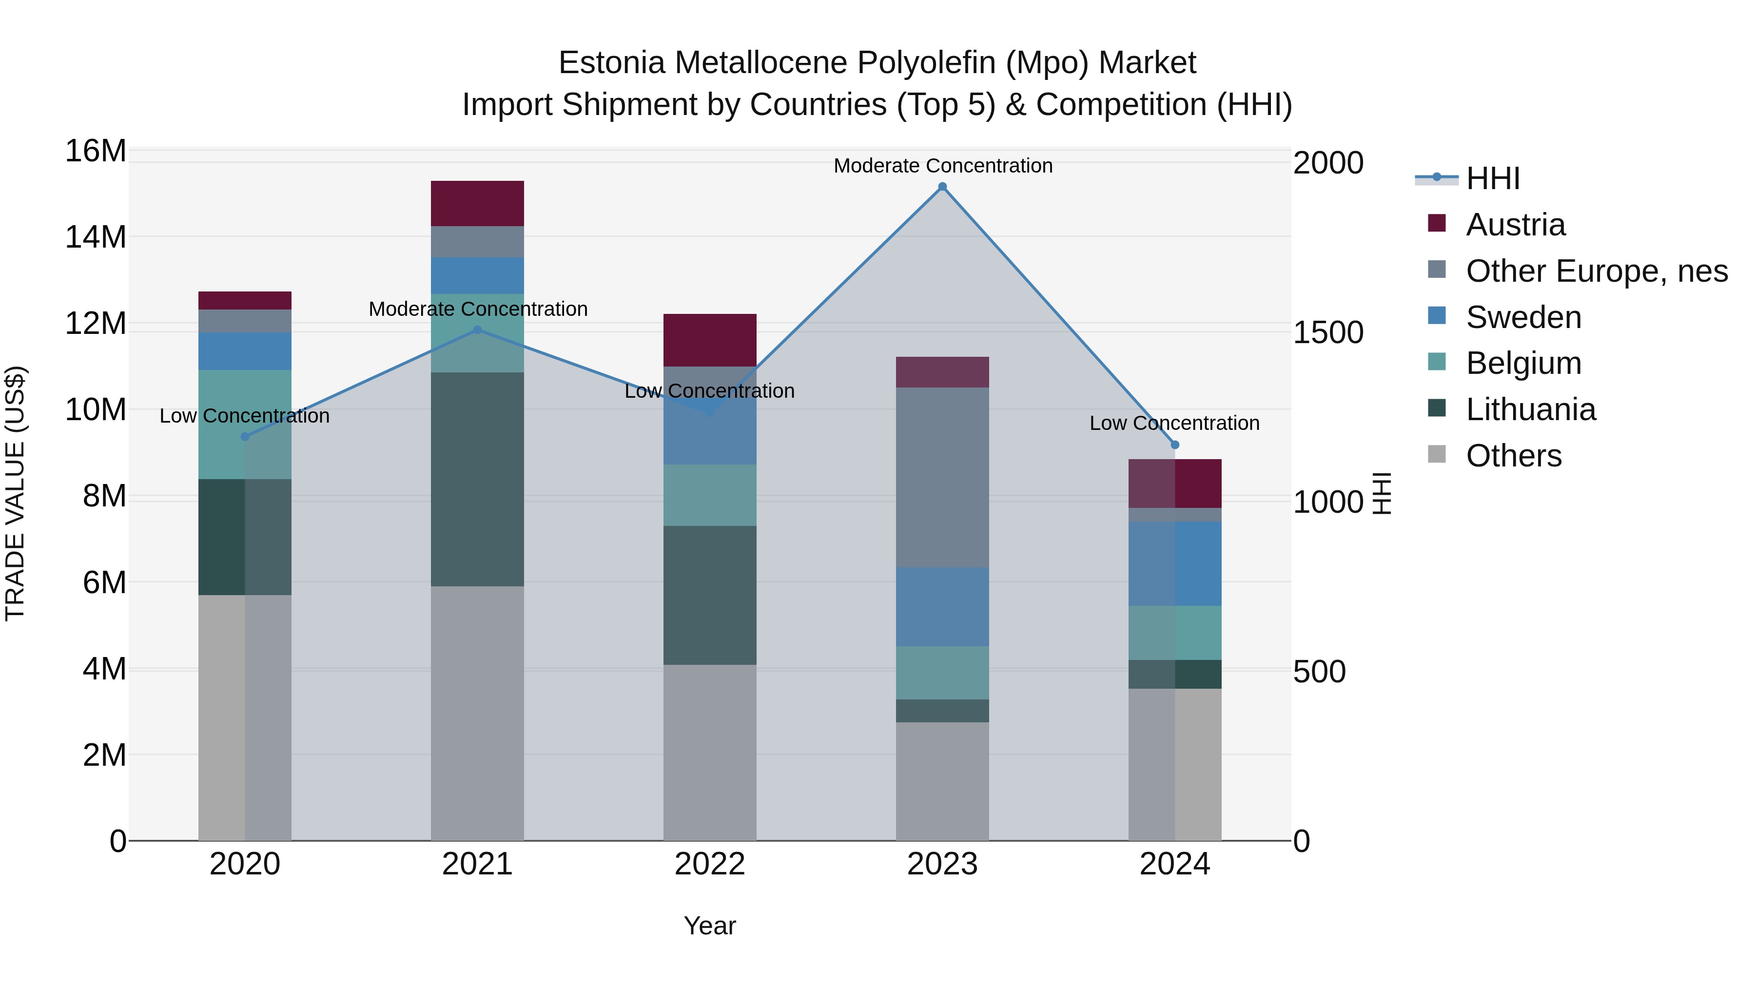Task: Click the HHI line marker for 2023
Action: (942, 187)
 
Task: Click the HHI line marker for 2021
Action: (478, 329)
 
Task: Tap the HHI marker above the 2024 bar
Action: (1174, 445)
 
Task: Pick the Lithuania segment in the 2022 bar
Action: (710, 595)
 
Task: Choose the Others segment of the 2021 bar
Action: (478, 713)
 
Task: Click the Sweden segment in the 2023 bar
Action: (942, 606)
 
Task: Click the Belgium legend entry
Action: (1523, 363)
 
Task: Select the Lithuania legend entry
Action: (1530, 409)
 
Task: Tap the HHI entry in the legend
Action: (1492, 178)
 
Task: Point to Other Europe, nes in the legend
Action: (1596, 271)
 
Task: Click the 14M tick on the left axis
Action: (96, 237)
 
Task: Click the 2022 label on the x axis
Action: (710, 864)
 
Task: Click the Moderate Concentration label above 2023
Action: (943, 166)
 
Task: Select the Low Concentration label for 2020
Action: (245, 415)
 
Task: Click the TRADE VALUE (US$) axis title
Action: (15, 493)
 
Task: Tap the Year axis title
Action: (710, 926)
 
